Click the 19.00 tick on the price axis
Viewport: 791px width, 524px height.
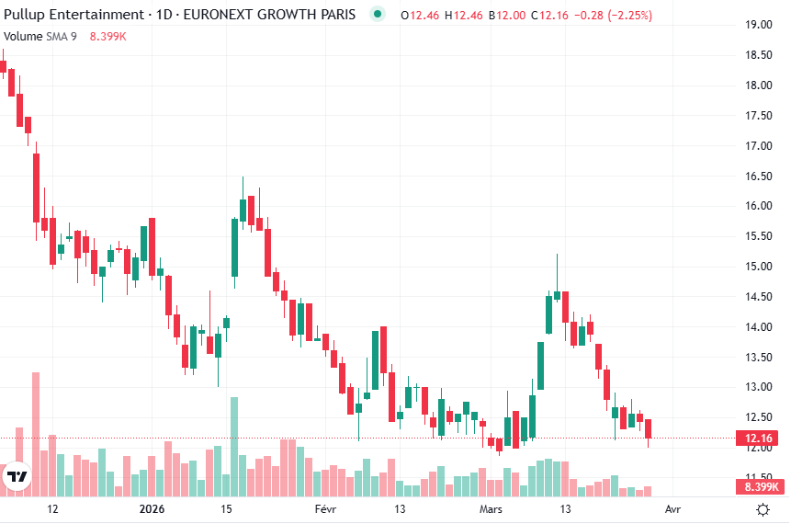point(758,25)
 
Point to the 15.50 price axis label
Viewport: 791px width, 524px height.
point(758,236)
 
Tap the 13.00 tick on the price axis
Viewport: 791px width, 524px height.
point(758,387)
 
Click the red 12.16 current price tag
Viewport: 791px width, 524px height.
point(760,438)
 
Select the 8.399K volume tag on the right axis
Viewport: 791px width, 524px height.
point(760,487)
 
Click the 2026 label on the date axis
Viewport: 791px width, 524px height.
point(152,508)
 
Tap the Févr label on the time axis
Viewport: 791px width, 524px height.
point(326,508)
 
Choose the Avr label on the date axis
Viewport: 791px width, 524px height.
point(672,508)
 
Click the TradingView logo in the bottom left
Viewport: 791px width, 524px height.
point(17,476)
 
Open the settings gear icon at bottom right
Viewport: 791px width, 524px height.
point(763,509)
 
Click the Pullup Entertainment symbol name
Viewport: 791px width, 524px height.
point(73,15)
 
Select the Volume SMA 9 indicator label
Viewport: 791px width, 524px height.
point(40,37)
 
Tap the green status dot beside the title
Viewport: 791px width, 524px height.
point(378,15)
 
